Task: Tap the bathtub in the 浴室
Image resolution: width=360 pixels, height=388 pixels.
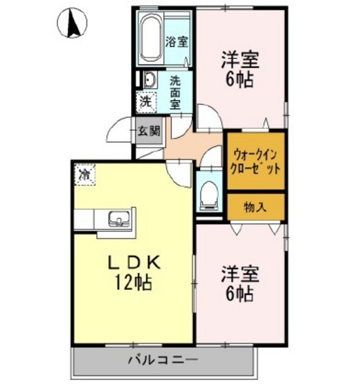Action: click(150, 40)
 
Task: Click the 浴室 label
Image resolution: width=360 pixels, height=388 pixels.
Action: click(177, 41)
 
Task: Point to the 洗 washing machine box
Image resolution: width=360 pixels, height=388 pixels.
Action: click(145, 101)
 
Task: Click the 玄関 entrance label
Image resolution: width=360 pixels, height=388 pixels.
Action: click(147, 130)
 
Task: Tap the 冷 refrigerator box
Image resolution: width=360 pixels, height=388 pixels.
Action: click(84, 175)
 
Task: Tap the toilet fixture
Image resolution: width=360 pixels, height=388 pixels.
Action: click(206, 195)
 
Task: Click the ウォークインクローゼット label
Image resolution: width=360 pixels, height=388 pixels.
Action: click(256, 161)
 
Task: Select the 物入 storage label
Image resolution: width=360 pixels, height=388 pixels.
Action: click(255, 206)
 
